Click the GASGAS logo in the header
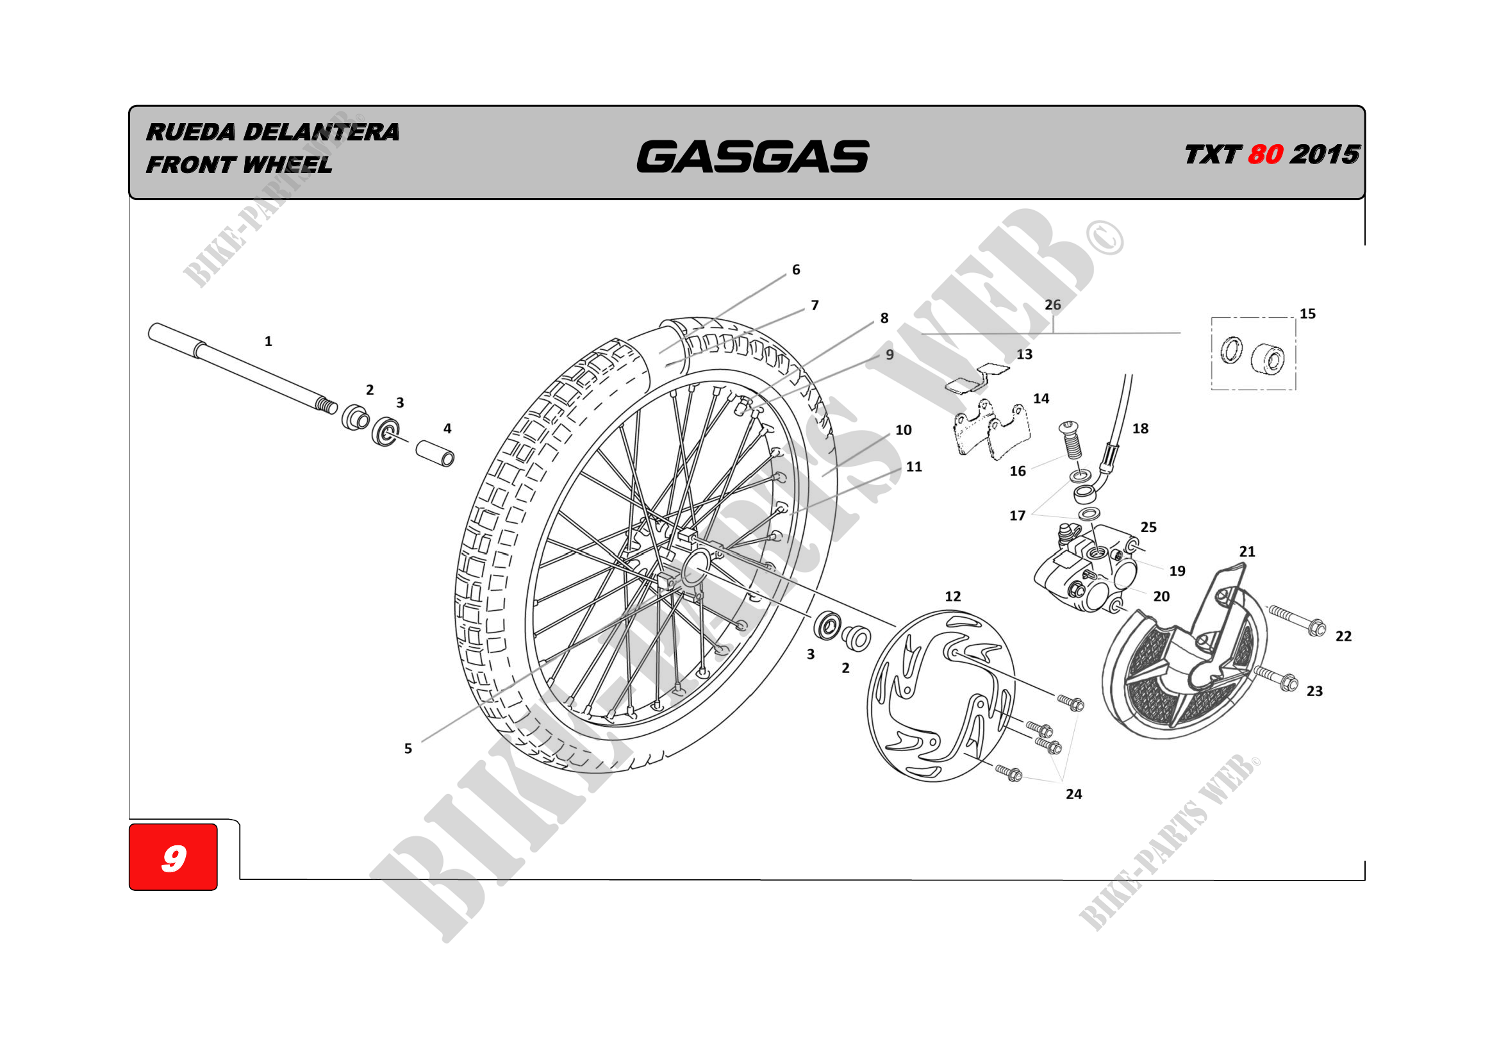[x=752, y=156]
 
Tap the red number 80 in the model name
[x=1264, y=154]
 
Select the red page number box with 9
[x=173, y=856]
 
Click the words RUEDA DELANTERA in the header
[x=272, y=132]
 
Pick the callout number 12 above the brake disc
[x=952, y=596]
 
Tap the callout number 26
[x=1052, y=305]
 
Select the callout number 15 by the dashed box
[x=1307, y=314]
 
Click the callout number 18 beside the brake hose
[x=1140, y=429]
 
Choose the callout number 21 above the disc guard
[x=1247, y=552]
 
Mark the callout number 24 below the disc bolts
[x=1073, y=793]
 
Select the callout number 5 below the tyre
[x=408, y=749]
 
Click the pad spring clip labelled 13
[x=977, y=379]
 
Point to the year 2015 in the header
[x=1325, y=154]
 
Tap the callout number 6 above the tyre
[x=796, y=270]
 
